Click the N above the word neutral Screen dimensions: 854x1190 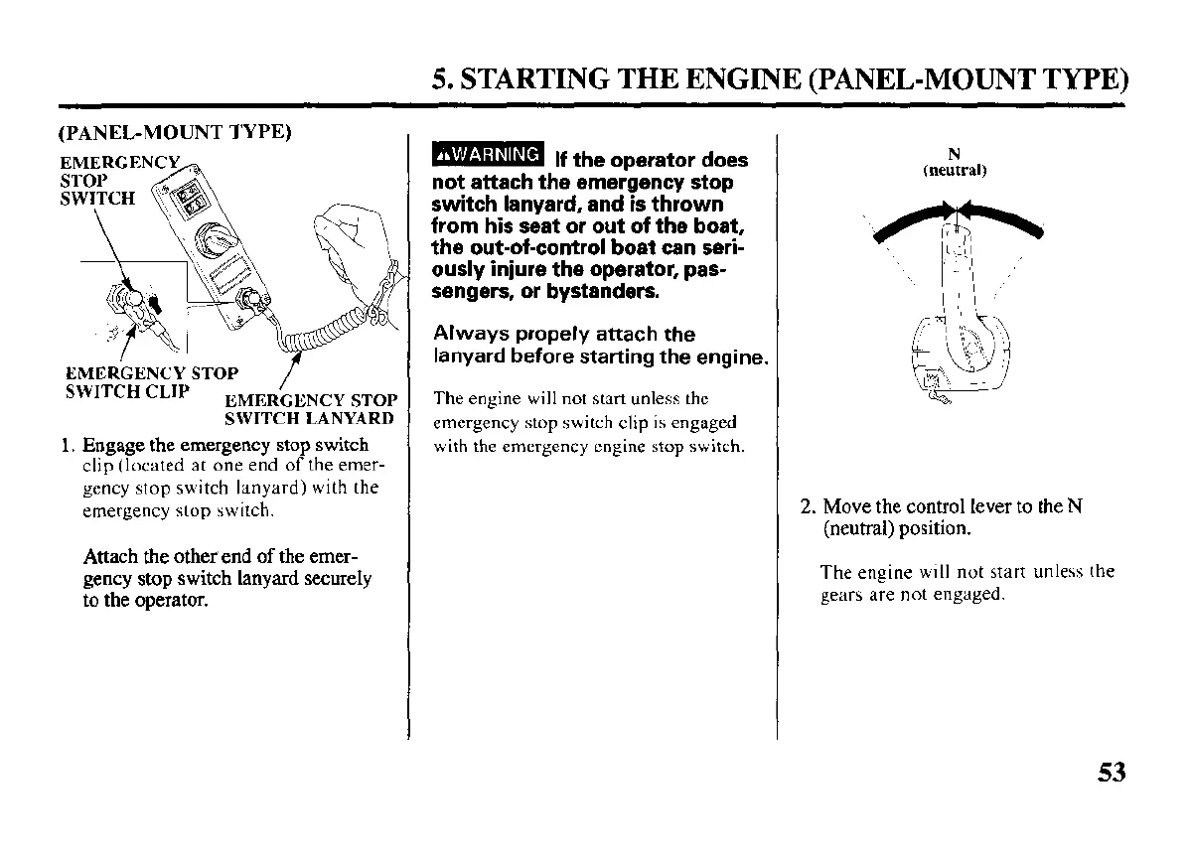[x=954, y=154]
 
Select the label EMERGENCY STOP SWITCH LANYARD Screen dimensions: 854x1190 [x=312, y=409]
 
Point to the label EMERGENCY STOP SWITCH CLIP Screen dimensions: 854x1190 [x=151, y=382]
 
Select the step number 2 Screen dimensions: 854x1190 [x=807, y=507]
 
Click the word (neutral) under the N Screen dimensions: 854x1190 [x=954, y=170]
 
